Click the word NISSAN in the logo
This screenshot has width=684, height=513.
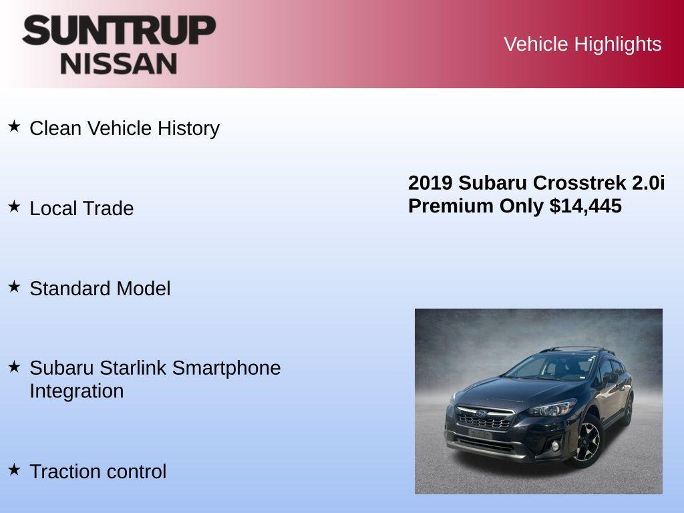pos(119,63)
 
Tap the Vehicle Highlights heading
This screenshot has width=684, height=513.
pos(582,44)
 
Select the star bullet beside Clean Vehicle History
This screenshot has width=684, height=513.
pos(14,126)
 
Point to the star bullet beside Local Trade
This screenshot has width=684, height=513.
pos(14,206)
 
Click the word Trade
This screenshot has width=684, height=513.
pos(109,208)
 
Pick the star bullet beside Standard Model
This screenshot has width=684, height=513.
pos(14,287)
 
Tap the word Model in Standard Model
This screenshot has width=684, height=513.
pos(144,289)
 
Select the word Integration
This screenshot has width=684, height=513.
pos(76,391)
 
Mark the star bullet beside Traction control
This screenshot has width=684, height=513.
pos(14,470)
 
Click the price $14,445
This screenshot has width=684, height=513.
pos(586,206)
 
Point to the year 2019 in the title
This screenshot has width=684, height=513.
pos(430,183)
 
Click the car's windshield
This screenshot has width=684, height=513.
pos(538,368)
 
